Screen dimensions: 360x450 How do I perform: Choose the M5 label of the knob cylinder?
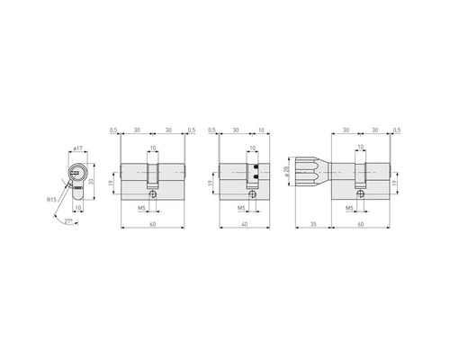pos(350,208)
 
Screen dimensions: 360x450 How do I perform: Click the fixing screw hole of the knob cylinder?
pos(361,193)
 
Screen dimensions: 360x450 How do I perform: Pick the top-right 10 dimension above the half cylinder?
pos(261,129)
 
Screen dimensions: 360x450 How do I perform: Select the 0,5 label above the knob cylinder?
pos(397,129)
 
